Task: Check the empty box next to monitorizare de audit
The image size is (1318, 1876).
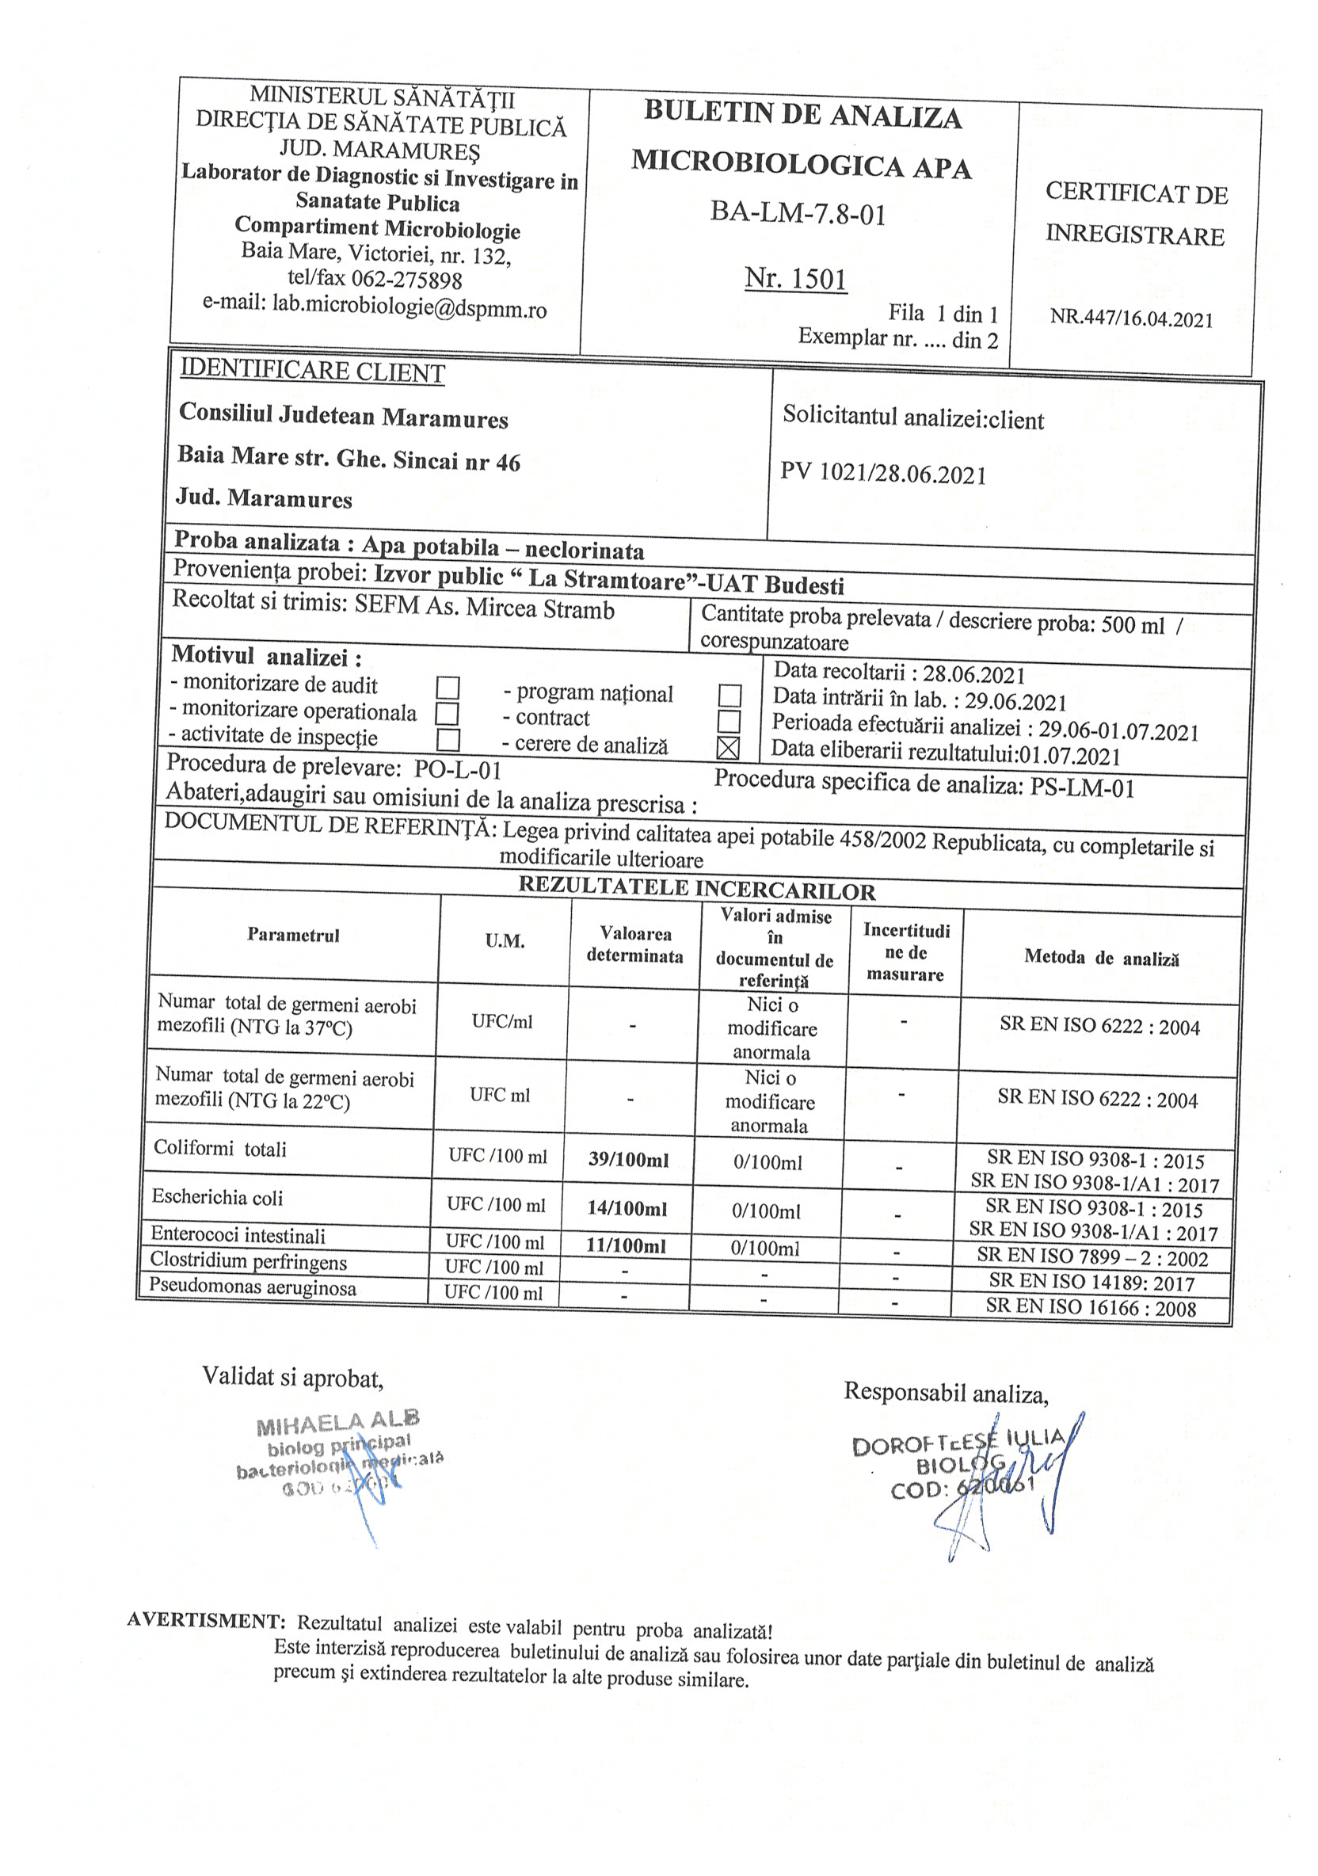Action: [x=448, y=687]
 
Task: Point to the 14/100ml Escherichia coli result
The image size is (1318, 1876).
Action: [x=627, y=1208]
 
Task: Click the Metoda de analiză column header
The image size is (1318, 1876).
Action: [x=1102, y=958]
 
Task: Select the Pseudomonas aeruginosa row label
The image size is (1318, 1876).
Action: [x=253, y=1287]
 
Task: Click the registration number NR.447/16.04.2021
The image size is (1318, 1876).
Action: [x=1132, y=318]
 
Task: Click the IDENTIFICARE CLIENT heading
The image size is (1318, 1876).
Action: [x=312, y=372]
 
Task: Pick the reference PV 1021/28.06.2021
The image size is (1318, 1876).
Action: [x=883, y=474]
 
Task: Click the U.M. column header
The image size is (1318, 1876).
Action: [x=505, y=940]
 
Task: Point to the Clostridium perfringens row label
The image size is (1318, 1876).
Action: [x=249, y=1261]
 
